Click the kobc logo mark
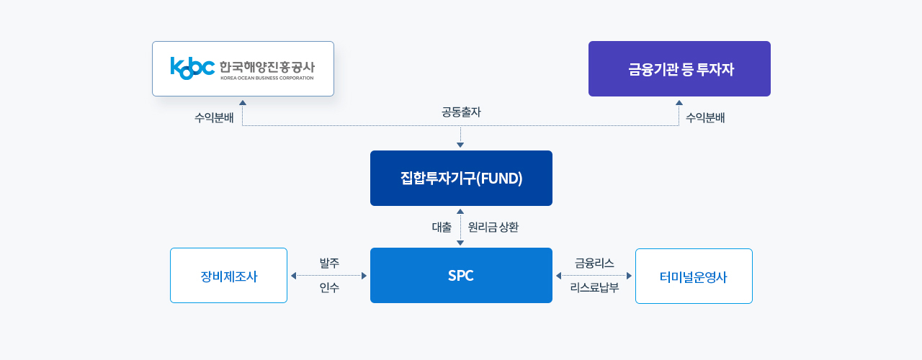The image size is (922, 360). click(192, 68)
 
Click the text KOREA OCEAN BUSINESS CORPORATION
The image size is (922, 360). click(267, 78)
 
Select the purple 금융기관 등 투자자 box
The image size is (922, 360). click(679, 68)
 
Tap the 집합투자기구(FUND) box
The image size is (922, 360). click(461, 178)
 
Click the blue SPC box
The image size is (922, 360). click(461, 275)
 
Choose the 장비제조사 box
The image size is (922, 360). click(228, 275)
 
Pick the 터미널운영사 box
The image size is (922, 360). click(694, 276)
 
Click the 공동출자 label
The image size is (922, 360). click(461, 112)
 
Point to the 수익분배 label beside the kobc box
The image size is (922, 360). click(214, 118)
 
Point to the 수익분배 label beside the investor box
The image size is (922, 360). click(705, 118)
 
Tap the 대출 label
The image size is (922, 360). click(442, 227)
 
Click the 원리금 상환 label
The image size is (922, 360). click(493, 227)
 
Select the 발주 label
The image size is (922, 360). click(329, 263)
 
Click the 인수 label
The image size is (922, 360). click(329, 287)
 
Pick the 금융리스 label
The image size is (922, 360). click(594, 263)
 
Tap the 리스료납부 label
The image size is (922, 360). click(594, 287)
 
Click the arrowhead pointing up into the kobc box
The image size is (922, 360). click(243, 103)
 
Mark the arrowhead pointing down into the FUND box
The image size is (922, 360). click(460, 145)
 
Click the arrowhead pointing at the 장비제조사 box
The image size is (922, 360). click(293, 276)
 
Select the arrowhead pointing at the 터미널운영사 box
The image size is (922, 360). click(629, 276)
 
